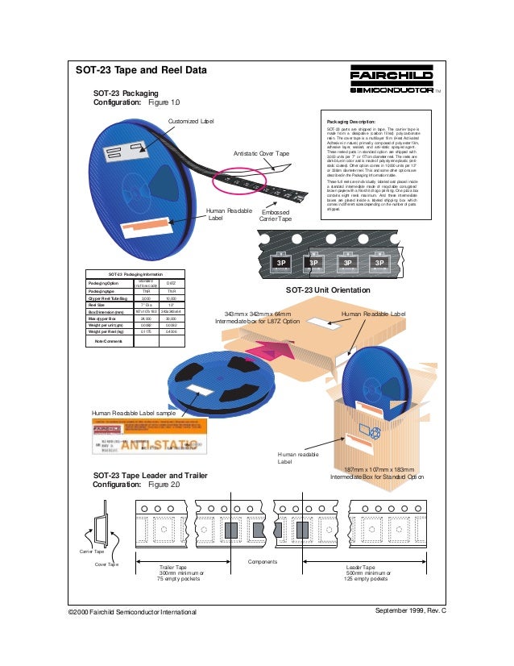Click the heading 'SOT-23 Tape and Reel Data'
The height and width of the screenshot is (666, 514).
click(x=141, y=70)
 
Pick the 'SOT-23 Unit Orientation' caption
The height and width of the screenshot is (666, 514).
click(x=328, y=289)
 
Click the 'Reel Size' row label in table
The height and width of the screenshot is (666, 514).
click(x=98, y=305)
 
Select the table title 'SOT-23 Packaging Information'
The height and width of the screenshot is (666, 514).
click(x=135, y=275)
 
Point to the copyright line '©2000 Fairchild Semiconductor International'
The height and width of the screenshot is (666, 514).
click(x=133, y=613)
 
